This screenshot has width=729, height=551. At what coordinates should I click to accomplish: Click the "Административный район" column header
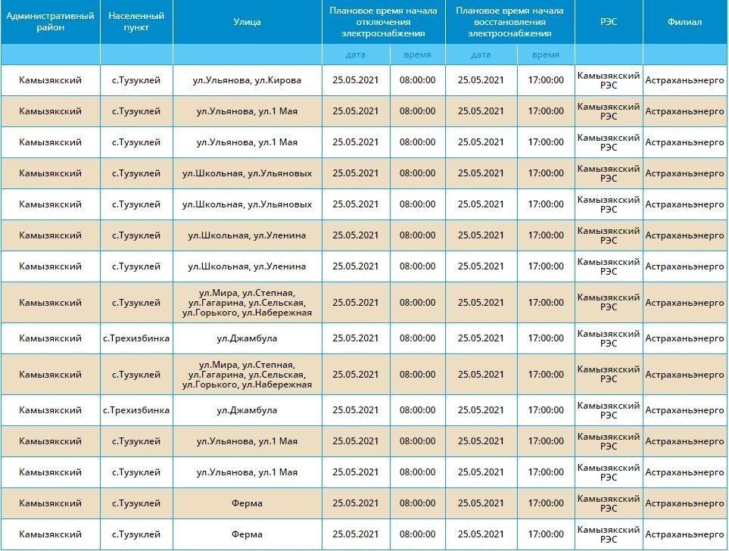tap(50, 22)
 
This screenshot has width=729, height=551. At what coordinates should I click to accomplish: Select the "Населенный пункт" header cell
tap(136, 22)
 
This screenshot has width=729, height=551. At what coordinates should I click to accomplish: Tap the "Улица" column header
tap(247, 22)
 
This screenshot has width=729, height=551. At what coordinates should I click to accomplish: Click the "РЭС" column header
tap(609, 22)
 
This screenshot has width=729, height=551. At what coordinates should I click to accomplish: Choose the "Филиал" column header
tap(684, 22)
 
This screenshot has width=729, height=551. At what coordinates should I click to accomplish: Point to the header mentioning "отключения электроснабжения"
tap(384, 22)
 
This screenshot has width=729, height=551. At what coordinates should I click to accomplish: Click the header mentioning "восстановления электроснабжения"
tap(509, 22)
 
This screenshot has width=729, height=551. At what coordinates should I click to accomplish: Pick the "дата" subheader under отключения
tap(356, 54)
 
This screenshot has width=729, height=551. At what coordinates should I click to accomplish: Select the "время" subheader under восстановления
tap(546, 54)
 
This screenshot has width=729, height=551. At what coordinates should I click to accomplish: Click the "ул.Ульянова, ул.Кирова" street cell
tap(247, 80)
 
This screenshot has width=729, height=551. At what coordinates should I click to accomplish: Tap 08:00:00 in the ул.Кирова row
tap(418, 80)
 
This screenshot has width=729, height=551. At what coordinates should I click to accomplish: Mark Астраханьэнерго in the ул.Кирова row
tap(684, 80)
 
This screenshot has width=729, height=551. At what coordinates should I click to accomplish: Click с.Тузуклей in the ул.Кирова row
tap(136, 80)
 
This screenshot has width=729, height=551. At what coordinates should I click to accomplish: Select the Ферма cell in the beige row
tap(247, 503)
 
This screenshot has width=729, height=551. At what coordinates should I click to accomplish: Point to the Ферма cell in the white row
tap(247, 534)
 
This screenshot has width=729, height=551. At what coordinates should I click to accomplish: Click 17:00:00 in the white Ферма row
tap(546, 534)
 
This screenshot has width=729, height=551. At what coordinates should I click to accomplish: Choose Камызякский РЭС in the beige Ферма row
tap(609, 503)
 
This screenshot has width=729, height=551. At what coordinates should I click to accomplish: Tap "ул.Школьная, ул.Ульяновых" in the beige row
tap(247, 173)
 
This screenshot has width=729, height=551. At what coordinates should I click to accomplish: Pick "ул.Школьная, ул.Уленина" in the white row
tap(247, 266)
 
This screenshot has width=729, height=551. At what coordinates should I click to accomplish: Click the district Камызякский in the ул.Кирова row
tap(50, 80)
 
